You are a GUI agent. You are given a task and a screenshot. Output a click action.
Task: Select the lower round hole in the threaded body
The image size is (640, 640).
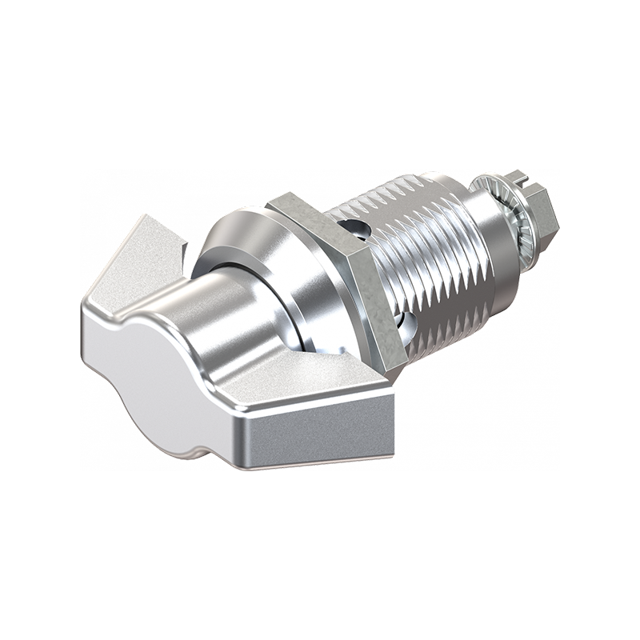[406, 324]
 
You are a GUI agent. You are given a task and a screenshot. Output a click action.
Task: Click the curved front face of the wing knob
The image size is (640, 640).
[152, 376]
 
